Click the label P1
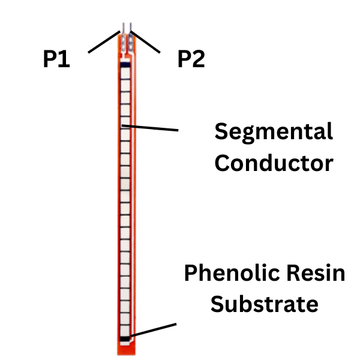56,59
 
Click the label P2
191,59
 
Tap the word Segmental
274,132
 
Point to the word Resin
316,274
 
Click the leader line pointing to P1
104,41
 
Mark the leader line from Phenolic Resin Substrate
153,330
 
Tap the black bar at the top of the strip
125,64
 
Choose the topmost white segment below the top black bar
125,74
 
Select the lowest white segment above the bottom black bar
125,329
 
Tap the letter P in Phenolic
190,274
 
